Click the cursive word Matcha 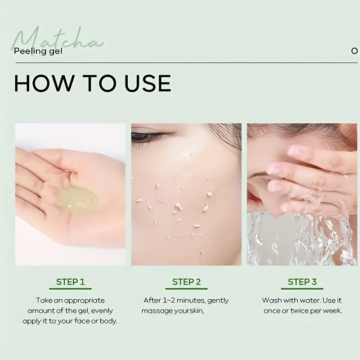tap(58, 39)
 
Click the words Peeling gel tap(38, 51)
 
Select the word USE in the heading tap(148, 83)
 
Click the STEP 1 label tap(71, 282)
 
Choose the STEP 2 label tap(186, 282)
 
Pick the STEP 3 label tap(302, 282)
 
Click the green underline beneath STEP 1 tap(71, 288)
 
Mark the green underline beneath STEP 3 tap(302, 288)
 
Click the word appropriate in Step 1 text tap(84, 301)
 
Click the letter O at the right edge tap(355, 51)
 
